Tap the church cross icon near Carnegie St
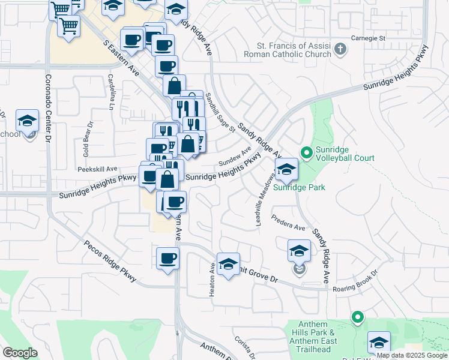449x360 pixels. pos(341,49)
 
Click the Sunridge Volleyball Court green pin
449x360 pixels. pos(306,153)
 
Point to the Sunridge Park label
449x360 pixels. pos(299,187)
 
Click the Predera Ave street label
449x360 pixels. pos(289,223)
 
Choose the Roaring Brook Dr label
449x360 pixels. pos(355,280)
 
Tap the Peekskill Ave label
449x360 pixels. pos(97,169)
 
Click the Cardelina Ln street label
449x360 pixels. pos(110,91)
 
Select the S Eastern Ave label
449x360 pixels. pos(121,58)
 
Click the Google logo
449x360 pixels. pos(20,352)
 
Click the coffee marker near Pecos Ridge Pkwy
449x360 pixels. pos(167,259)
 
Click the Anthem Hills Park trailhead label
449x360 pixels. pos(315,333)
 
